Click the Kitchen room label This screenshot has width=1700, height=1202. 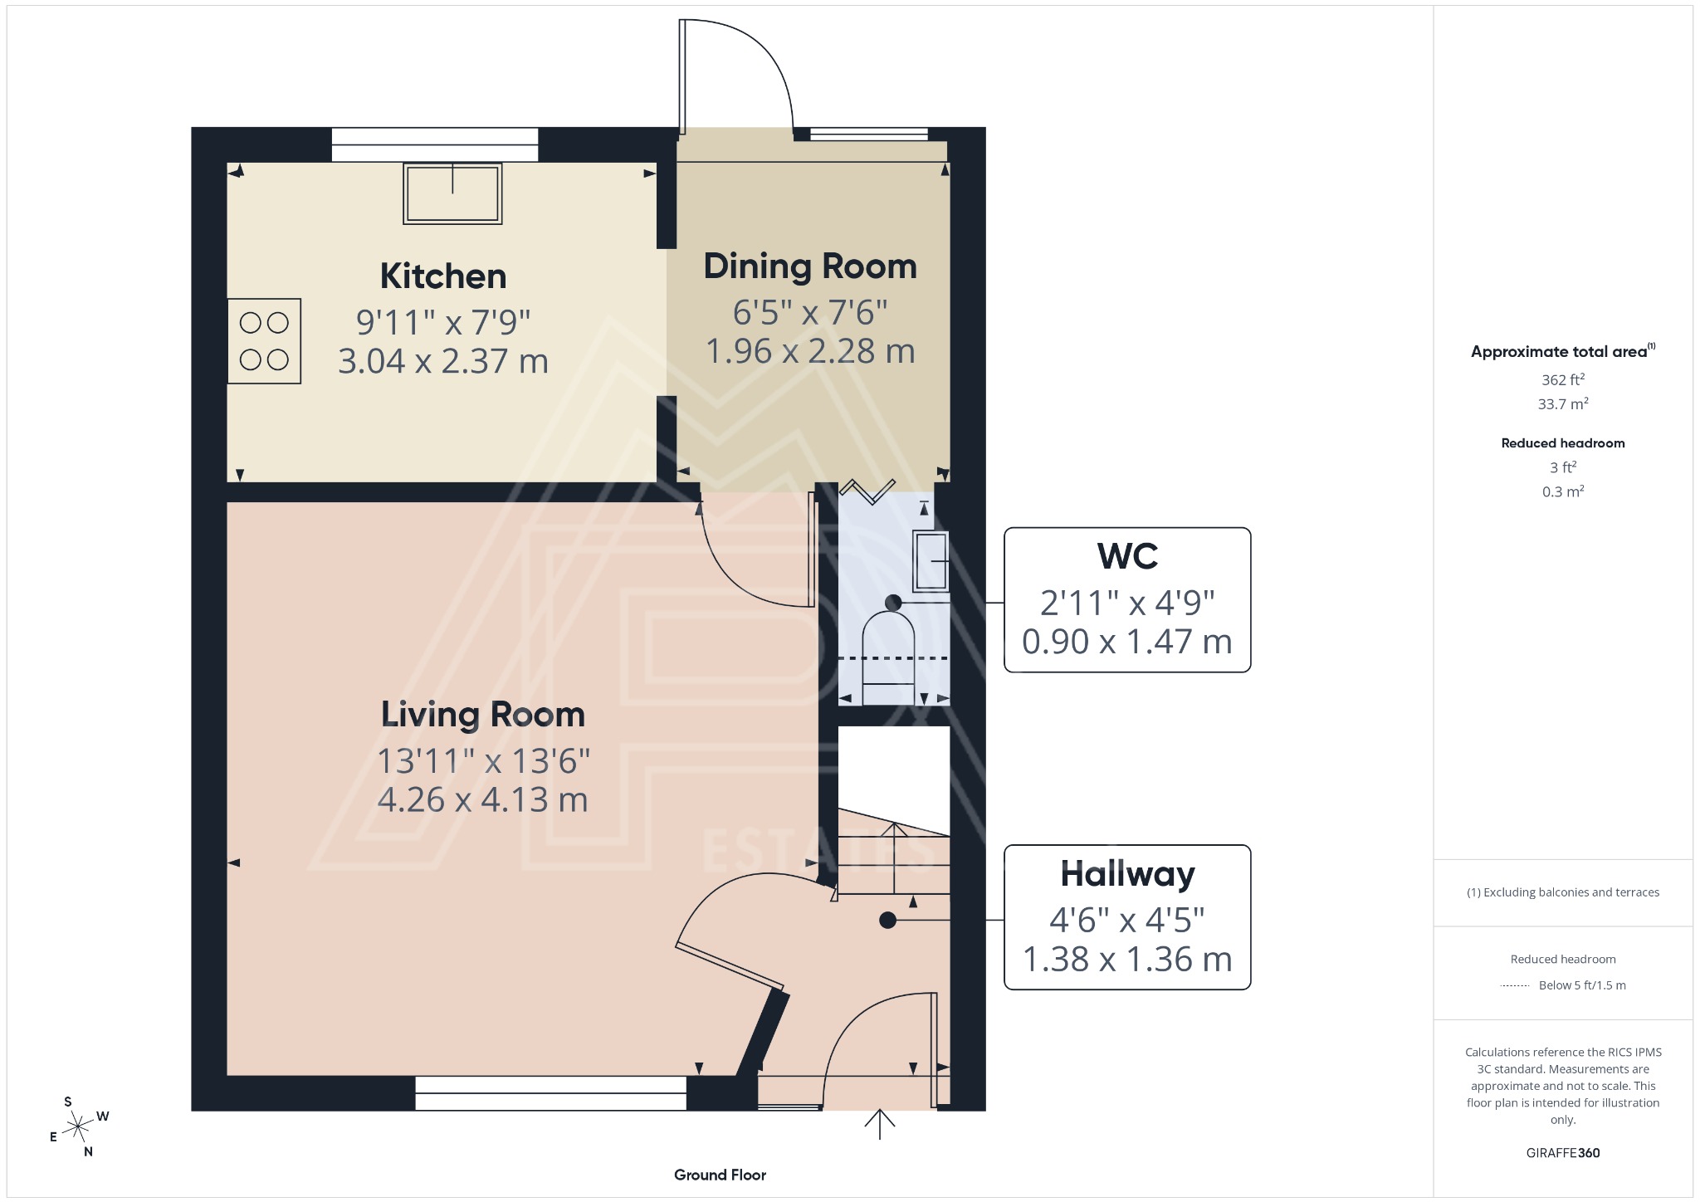pos(443,276)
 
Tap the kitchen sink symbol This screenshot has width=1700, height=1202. pos(452,193)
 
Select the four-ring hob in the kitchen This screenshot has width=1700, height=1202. pos(264,341)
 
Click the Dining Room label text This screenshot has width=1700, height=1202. pos(810,266)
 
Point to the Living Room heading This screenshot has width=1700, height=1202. pos(482,715)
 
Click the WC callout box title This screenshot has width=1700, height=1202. pos(1126,556)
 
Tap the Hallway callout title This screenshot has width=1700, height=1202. pos(1126,874)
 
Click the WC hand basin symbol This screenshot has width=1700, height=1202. pos(931,561)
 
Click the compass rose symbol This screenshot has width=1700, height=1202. pos(78,1126)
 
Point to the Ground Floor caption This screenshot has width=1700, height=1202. pos(720,1175)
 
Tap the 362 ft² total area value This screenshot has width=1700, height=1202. pos(1562,380)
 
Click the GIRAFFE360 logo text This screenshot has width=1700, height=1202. pos(1562,1152)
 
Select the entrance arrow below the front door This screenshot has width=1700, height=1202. pos(880,1125)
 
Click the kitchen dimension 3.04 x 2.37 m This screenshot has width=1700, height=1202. pos(443,361)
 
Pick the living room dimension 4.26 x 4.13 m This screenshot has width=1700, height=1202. pos(482,800)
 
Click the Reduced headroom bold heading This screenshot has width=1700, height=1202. pos(1562,443)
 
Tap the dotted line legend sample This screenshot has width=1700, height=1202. pos(1515,985)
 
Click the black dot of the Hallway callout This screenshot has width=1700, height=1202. pos(887,920)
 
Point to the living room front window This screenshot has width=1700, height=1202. pos(550,1093)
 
